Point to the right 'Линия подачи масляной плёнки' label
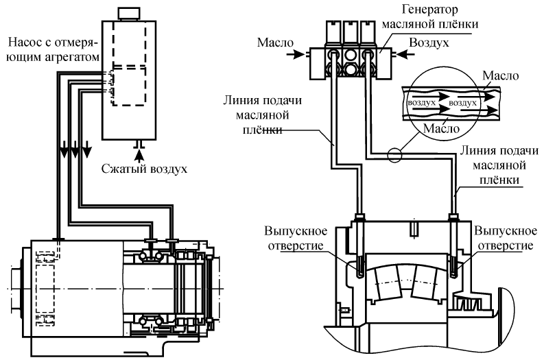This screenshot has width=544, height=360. coord(494,165)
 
